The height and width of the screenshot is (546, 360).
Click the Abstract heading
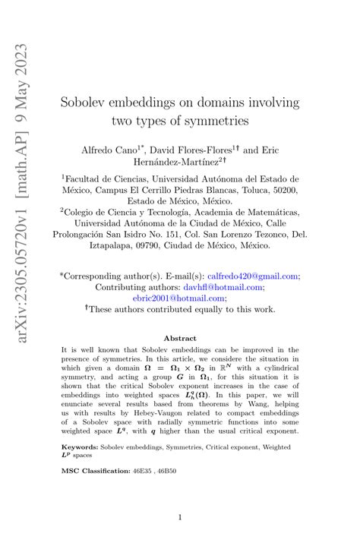point(179,339)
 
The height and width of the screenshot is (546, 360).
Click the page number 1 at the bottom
point(179,518)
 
